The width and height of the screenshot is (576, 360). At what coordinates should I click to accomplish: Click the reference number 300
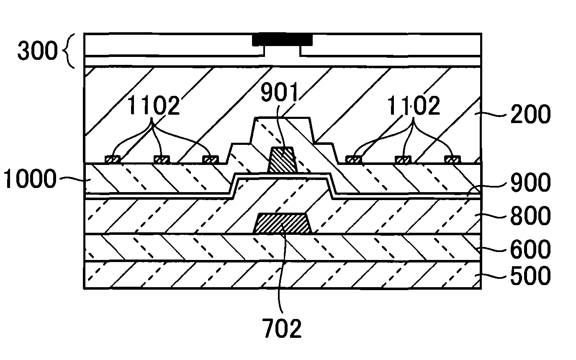[x=38, y=50]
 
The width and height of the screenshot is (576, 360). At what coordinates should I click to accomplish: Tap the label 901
[x=279, y=92]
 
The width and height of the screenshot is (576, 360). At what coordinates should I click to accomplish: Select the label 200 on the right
[x=530, y=114]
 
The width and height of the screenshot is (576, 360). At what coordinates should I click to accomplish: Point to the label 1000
[x=30, y=178]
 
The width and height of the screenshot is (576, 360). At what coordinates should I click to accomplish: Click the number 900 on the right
[x=530, y=183]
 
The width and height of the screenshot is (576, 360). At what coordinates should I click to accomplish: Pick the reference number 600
[x=530, y=249]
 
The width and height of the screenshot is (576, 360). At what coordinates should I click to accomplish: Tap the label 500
[x=530, y=276]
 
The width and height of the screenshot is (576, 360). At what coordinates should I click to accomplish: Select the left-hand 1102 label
[x=153, y=105]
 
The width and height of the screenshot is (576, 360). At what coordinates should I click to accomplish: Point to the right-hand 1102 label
[x=414, y=105]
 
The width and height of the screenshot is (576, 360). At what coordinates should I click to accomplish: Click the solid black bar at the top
[x=282, y=39]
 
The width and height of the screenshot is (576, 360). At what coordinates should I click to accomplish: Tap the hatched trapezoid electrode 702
[x=282, y=223]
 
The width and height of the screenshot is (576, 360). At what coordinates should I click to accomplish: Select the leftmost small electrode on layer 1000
[x=113, y=159]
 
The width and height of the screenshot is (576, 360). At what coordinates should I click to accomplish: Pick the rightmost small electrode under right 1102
[x=453, y=159]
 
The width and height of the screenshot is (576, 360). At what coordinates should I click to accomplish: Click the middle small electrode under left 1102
[x=162, y=159]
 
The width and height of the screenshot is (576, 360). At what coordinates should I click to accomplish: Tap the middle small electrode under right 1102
[x=403, y=159]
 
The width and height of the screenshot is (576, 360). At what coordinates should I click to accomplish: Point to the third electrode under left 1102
[x=210, y=159]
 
